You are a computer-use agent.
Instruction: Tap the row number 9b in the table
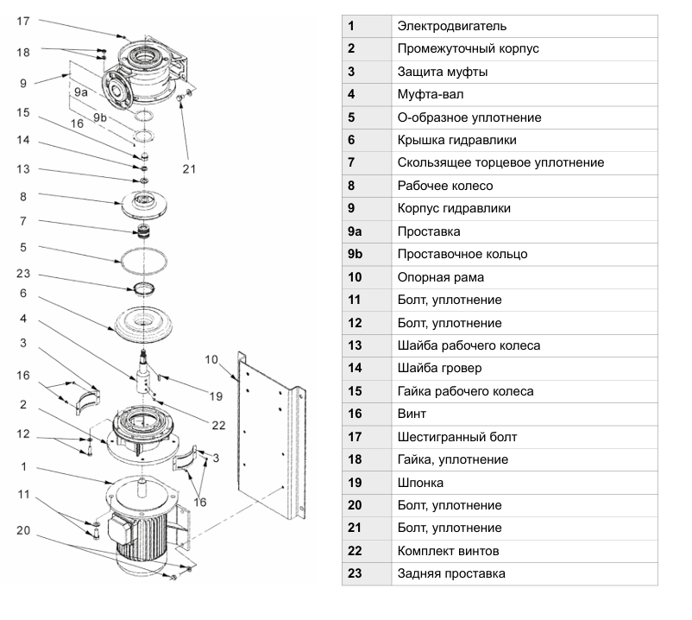point(355,254)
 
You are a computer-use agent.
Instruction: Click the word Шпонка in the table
point(420,483)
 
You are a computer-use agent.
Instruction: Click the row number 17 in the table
point(355,437)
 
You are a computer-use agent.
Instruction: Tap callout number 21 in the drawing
point(189,168)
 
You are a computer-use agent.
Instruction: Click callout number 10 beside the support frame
point(211,359)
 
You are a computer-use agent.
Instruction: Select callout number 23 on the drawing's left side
point(23,274)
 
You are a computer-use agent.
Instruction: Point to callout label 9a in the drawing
point(81,92)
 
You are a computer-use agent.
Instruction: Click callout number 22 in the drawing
point(218,425)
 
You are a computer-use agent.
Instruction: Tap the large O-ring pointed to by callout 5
point(121,261)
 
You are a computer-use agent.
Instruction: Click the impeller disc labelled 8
point(144,205)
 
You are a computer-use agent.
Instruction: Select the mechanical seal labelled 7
point(143,231)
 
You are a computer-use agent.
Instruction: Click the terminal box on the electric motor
point(122,528)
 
